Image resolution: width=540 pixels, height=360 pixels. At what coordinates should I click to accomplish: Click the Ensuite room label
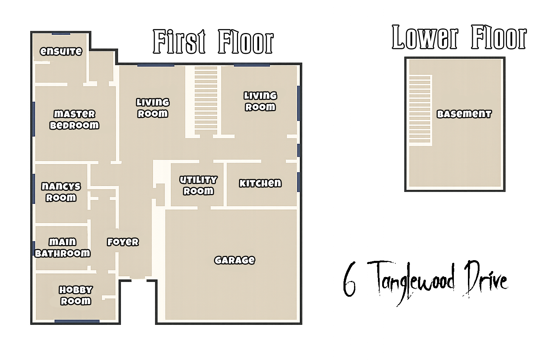click(x=61, y=51)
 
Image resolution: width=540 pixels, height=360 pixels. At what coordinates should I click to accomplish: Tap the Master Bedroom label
click(x=74, y=120)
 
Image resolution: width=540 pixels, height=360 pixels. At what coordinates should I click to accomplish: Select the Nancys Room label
click(x=61, y=192)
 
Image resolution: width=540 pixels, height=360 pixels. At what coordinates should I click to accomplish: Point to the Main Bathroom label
click(x=63, y=247)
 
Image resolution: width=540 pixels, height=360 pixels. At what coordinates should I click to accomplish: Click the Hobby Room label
click(x=76, y=295)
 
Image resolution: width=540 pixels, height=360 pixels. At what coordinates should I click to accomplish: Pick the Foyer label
click(x=123, y=242)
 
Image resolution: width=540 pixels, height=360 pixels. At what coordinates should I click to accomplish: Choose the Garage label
click(x=234, y=260)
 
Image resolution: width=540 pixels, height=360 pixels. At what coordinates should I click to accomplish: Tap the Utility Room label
click(x=198, y=185)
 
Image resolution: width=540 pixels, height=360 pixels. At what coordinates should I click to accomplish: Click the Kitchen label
click(x=261, y=183)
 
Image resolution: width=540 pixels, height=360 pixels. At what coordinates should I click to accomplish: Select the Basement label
click(x=464, y=114)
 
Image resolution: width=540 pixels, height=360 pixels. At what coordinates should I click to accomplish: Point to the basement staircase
click(x=420, y=110)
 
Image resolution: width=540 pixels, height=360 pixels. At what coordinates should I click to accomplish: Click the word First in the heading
click(x=179, y=41)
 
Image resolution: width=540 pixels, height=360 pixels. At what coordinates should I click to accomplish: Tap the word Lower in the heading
click(x=425, y=37)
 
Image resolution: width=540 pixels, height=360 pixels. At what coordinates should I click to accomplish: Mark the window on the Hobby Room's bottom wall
click(x=77, y=321)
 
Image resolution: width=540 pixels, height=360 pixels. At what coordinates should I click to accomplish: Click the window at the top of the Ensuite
click(x=61, y=33)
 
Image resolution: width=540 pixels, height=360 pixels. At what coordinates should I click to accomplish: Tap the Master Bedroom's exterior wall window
click(x=33, y=119)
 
